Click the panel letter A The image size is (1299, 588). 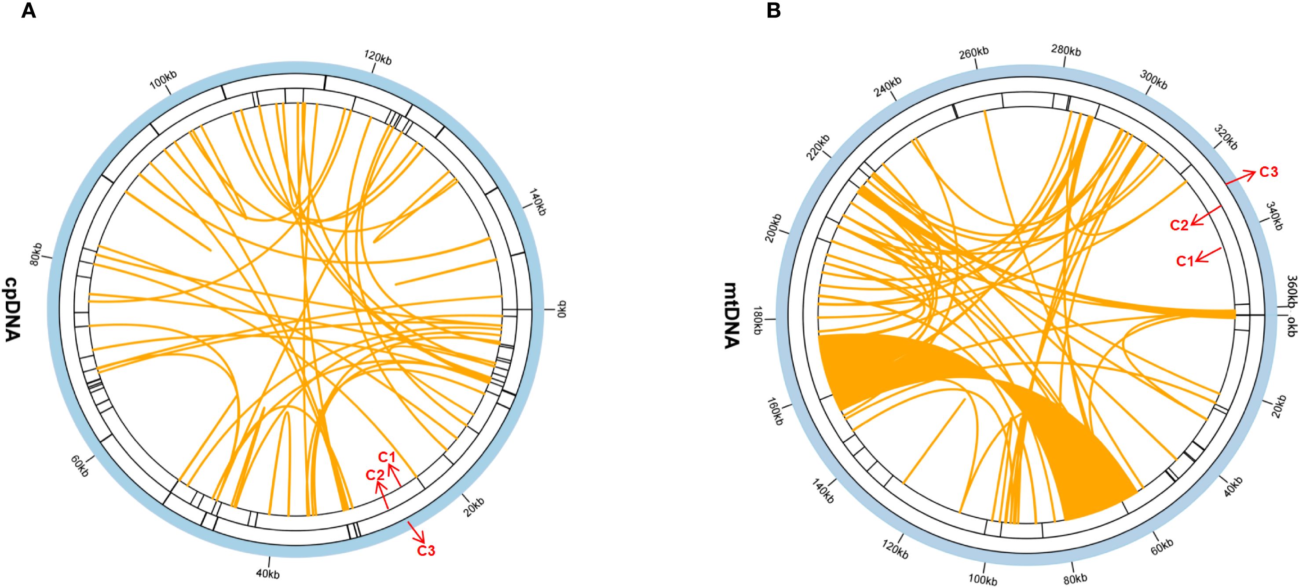28,11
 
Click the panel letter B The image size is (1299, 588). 774,11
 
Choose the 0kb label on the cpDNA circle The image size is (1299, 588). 562,309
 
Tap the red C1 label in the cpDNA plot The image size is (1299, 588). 387,457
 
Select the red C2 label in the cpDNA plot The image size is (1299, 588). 375,475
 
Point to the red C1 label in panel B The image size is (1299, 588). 1185,261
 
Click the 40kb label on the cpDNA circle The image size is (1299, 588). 267,574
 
